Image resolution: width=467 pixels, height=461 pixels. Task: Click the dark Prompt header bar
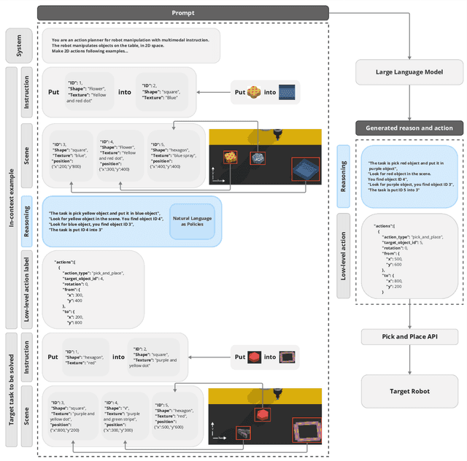pyautogui.click(x=182, y=12)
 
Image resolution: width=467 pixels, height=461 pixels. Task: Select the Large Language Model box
pyautogui.click(x=409, y=71)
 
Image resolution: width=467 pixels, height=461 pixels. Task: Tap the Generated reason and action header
pyautogui.click(x=409, y=128)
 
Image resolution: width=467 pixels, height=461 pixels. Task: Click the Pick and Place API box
pyautogui.click(x=409, y=336)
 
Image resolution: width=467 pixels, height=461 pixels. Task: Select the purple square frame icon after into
pyautogui.click(x=290, y=357)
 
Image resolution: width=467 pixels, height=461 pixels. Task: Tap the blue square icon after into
pyautogui.click(x=290, y=92)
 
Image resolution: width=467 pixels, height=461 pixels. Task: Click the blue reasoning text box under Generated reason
pyautogui.click(x=409, y=179)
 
